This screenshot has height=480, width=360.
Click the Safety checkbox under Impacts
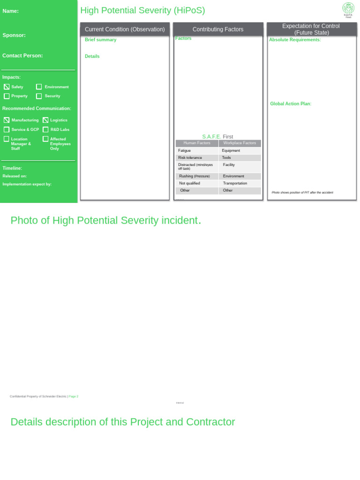pyautogui.click(x=7, y=87)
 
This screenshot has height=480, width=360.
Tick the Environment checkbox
pyautogui.click(x=39, y=87)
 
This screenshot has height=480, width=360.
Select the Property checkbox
pyautogui.click(x=7, y=96)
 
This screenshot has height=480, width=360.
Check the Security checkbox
pyautogui.click(x=39, y=96)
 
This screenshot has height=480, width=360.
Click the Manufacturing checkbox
pyautogui.click(x=7, y=120)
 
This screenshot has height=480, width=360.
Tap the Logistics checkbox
pyautogui.click(x=45, y=120)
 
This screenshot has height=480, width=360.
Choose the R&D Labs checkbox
pyautogui.click(x=45, y=129)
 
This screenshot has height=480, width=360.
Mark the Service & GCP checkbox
pyautogui.click(x=7, y=129)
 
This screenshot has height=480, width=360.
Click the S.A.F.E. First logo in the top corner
pyautogui.click(x=348, y=8)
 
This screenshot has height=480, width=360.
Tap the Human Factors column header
pyautogui.click(x=197, y=143)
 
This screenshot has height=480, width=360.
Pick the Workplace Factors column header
pyautogui.click(x=240, y=143)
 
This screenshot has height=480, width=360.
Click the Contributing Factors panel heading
pyautogui.click(x=218, y=30)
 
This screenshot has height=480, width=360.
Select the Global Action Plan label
pyautogui.click(x=291, y=104)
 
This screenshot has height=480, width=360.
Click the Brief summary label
pyautogui.click(x=100, y=40)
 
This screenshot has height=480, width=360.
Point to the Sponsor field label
pyautogui.click(x=14, y=35)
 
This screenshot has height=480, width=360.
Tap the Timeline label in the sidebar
pyautogui.click(x=12, y=168)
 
